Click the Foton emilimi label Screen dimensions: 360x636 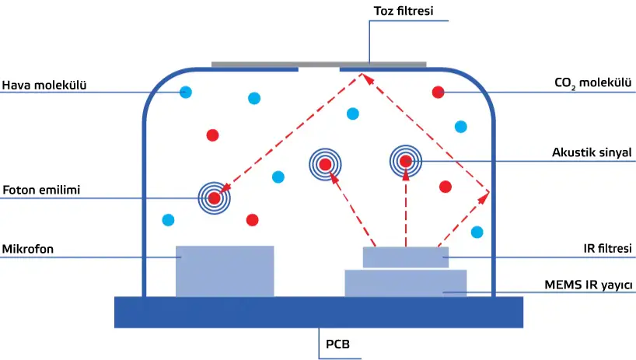(42, 189)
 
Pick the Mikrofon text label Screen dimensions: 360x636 (28, 249)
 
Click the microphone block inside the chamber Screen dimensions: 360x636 (225, 271)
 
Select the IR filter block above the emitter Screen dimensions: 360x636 (405, 257)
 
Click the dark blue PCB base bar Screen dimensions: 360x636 (319, 312)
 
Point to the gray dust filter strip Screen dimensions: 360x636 (319, 64)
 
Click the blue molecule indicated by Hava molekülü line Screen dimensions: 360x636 (186, 93)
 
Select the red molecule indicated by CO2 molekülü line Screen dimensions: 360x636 (438, 93)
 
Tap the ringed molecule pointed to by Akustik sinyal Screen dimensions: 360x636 (405, 161)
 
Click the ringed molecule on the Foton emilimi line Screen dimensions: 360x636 (215, 198)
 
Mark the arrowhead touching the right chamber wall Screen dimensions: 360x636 (485, 194)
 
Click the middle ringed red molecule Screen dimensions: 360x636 (325, 163)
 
